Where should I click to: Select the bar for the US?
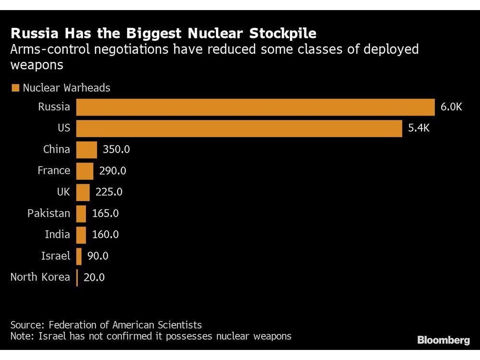(x=239, y=128)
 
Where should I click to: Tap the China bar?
(x=87, y=149)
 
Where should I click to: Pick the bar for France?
(x=85, y=170)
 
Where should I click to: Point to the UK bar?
(x=83, y=192)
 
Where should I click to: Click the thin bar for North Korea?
(x=77, y=277)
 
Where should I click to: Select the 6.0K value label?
(x=451, y=107)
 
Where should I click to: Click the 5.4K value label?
(x=419, y=128)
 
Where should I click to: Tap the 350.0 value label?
(x=116, y=149)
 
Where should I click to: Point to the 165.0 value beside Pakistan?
(x=105, y=213)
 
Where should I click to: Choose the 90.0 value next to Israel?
(x=98, y=256)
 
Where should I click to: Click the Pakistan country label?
(x=48, y=213)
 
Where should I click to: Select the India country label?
(x=57, y=235)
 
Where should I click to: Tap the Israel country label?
(x=56, y=256)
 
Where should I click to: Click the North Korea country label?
(x=40, y=277)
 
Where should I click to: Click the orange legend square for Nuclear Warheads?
(x=15, y=88)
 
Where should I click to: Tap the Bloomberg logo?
(x=443, y=340)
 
